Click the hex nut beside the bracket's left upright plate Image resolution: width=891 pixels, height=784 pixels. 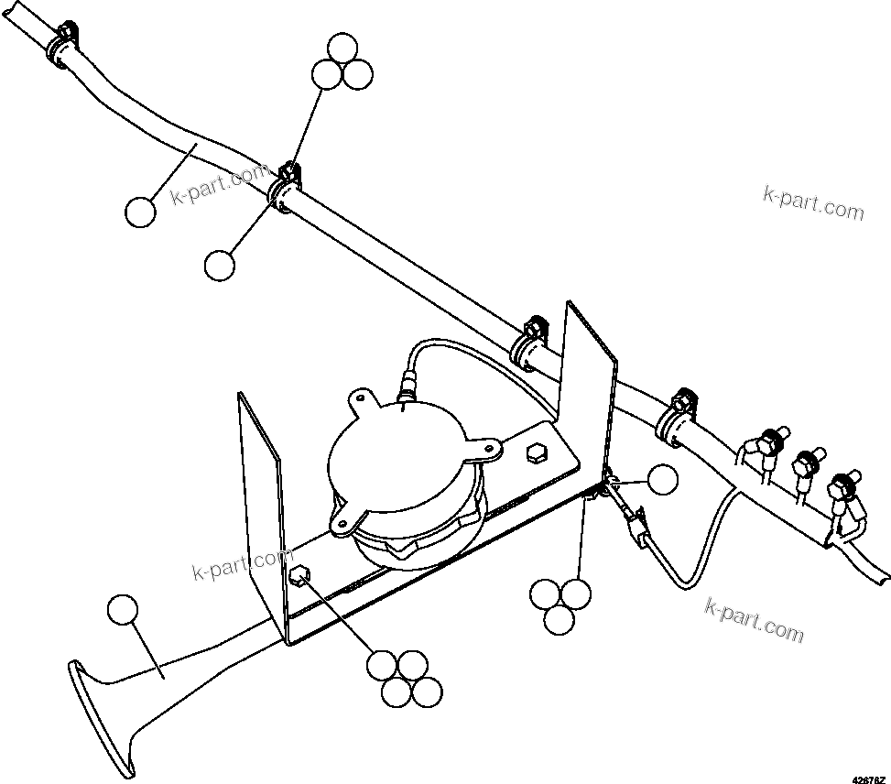299,577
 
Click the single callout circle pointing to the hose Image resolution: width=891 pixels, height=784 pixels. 141,212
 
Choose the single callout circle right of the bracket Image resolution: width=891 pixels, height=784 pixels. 663,479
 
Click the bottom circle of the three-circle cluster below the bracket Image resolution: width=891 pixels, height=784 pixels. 559,620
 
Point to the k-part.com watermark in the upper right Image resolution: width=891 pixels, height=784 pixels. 813,203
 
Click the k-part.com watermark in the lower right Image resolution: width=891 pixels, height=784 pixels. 755,620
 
